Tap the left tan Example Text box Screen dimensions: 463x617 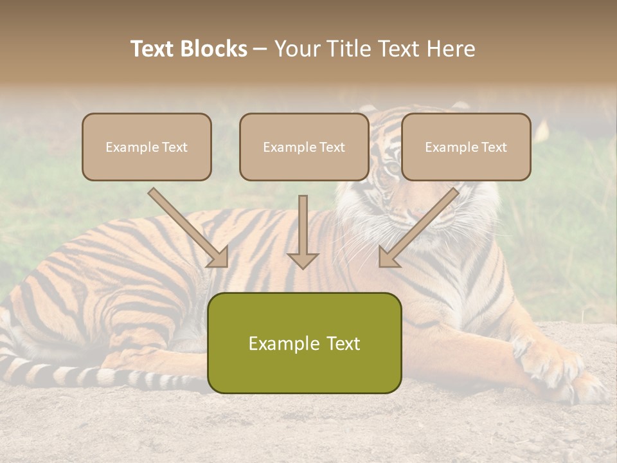[147, 147]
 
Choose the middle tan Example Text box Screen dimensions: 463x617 [304, 147]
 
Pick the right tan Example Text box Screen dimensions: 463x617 [466, 147]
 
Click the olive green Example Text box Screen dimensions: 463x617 [304, 343]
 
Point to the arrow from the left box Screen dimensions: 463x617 [190, 228]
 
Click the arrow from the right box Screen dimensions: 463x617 [418, 228]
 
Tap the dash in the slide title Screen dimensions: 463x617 [260, 49]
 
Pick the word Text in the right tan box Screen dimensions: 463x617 [494, 147]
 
